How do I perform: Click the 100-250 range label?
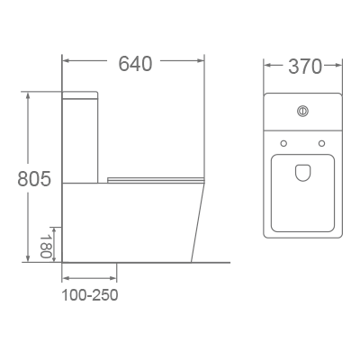[90, 294]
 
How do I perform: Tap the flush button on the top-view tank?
[303, 112]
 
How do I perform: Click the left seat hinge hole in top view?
[283, 143]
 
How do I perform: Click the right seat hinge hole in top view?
[322, 143]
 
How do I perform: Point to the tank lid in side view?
[79, 94]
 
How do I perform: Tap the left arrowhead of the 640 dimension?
[66, 63]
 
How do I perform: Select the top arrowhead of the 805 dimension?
[31, 94]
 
